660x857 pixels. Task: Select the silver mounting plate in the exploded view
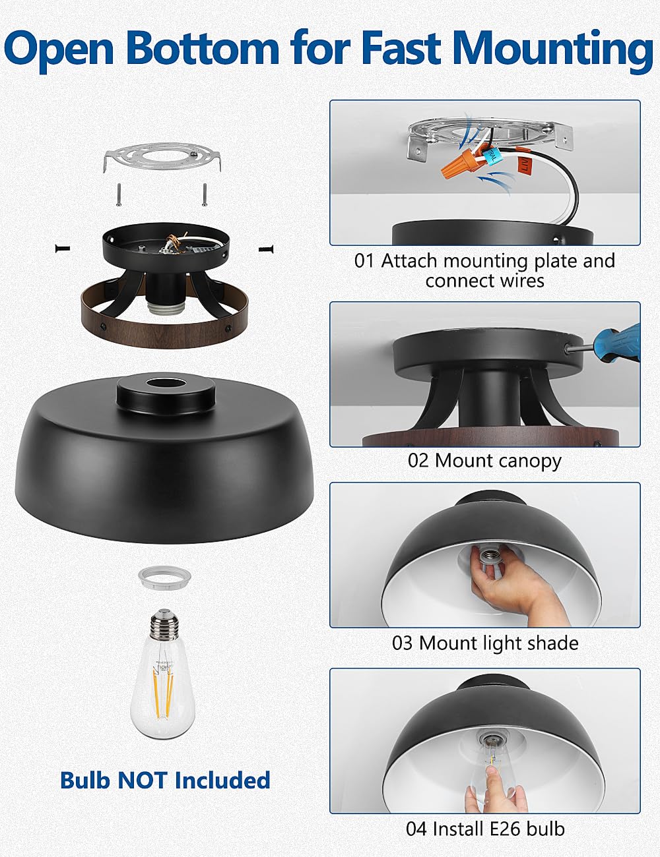tap(162, 158)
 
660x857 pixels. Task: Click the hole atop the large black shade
tap(164, 384)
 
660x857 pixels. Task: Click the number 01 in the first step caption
tap(364, 261)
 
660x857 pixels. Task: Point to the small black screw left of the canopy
tap(63, 248)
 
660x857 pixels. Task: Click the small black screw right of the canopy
tap(266, 248)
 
